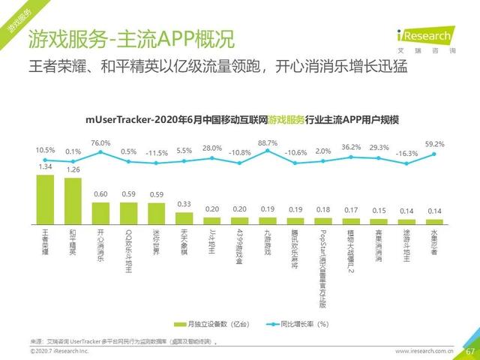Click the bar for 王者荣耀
click(45, 199)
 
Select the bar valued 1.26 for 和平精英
click(73, 200)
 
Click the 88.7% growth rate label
click(268, 142)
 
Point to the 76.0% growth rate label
click(100, 142)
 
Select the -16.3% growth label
click(406, 153)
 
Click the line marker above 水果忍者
click(434, 154)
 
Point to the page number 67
click(470, 351)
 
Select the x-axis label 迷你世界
click(157, 242)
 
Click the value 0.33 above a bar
click(184, 204)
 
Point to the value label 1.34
click(45, 168)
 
